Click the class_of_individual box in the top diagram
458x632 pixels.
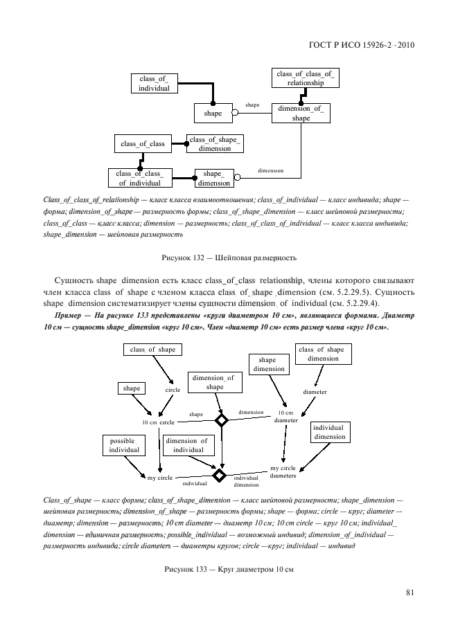[x=154, y=83]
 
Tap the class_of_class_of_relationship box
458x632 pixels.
[x=305, y=78]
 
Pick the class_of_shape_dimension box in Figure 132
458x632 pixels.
[x=215, y=144]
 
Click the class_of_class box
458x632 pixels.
[x=143, y=144]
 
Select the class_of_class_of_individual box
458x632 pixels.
[x=140, y=178]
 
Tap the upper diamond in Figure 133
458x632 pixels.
[x=221, y=420]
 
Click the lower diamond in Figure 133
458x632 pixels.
[x=220, y=476]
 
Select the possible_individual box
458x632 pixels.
[x=124, y=445]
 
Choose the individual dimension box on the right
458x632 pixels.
[x=329, y=432]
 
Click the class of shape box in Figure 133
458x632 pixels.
[x=152, y=350]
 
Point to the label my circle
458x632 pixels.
[x=160, y=478]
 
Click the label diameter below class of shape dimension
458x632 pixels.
[x=315, y=391]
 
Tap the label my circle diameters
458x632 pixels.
[x=283, y=471]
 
